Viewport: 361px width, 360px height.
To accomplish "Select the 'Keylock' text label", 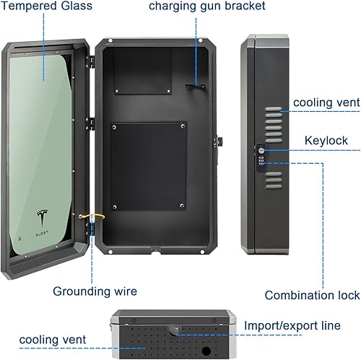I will click(x=326, y=141).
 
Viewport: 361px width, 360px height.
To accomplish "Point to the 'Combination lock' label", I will click(x=312, y=295).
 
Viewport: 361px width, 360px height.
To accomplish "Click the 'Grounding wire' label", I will click(x=95, y=291).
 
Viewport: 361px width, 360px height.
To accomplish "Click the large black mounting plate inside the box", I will click(x=148, y=165).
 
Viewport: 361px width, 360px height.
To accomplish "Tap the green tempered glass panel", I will click(x=44, y=144).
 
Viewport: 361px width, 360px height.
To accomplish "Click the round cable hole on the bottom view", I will click(x=207, y=352).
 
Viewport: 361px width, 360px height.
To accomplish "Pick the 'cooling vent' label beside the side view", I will click(x=326, y=103).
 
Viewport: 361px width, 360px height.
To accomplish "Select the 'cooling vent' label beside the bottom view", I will click(x=53, y=339).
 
